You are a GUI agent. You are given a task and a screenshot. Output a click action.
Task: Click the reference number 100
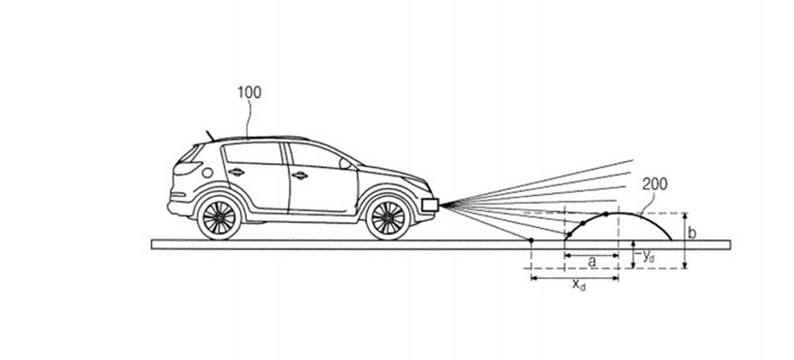249,92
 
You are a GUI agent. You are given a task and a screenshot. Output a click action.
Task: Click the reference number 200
654,184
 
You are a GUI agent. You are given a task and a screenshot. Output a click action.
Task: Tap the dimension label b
692,234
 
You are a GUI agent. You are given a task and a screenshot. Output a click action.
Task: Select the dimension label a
592,261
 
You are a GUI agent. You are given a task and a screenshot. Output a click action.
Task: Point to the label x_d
578,285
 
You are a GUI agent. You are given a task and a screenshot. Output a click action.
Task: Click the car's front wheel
388,217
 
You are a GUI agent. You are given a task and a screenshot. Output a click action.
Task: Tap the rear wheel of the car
219,217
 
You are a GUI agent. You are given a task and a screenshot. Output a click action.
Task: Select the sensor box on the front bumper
430,204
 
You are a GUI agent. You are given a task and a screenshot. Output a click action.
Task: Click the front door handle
300,175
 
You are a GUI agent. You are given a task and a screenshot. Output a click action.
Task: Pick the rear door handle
236,172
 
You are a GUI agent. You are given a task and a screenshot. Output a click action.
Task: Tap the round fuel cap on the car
207,173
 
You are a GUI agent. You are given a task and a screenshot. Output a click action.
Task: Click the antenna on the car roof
210,135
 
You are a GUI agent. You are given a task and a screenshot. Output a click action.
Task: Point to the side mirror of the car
345,163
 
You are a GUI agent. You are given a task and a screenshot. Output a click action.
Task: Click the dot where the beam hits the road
531,240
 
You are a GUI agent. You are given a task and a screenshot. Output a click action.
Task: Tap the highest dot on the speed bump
606,214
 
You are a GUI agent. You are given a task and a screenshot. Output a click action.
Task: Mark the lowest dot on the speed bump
568,235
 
